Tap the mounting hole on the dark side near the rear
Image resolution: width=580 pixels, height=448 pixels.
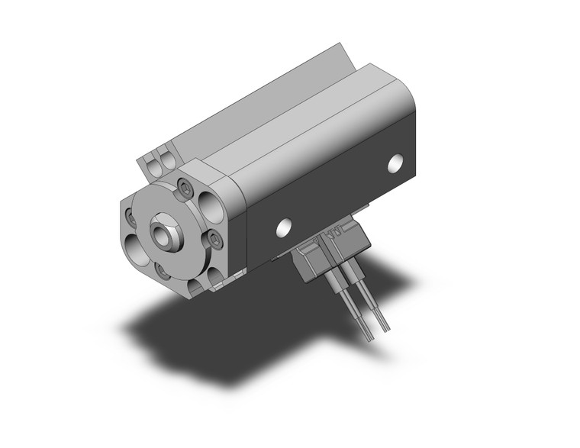point(395,163)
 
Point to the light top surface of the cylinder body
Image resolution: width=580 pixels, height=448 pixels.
point(305,130)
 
